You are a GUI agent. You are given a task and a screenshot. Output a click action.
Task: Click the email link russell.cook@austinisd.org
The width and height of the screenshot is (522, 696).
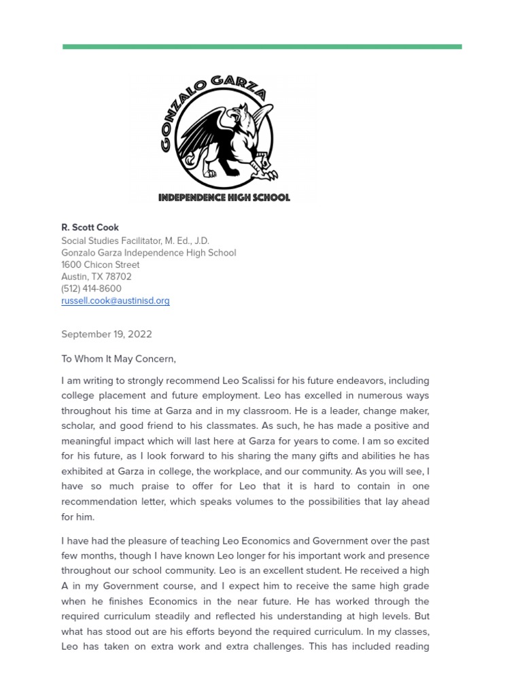coord(116,300)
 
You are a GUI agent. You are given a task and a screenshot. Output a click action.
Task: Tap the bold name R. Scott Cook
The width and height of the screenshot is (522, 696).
coord(90,228)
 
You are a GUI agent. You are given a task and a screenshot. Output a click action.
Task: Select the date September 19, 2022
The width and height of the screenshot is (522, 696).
coord(107,334)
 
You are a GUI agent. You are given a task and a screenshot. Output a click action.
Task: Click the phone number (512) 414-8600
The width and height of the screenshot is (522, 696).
coord(91,288)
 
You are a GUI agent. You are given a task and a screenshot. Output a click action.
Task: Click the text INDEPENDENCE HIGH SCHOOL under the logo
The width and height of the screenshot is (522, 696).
coord(224,198)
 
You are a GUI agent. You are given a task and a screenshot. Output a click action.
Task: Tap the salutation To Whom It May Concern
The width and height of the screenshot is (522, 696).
coord(118,359)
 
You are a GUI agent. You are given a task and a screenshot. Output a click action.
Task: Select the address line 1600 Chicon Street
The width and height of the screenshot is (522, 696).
coord(101,264)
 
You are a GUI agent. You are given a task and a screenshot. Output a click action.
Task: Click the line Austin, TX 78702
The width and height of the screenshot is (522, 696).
coord(97,277)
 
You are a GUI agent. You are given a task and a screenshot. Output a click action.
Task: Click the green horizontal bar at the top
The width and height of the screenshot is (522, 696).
coord(262,47)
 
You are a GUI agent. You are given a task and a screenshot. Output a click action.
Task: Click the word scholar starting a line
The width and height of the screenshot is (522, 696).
coord(77,426)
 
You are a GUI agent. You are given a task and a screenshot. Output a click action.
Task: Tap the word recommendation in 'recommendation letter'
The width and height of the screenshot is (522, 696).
coord(100,502)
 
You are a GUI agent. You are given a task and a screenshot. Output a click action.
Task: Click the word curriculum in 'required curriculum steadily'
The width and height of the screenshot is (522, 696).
coord(139,616)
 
